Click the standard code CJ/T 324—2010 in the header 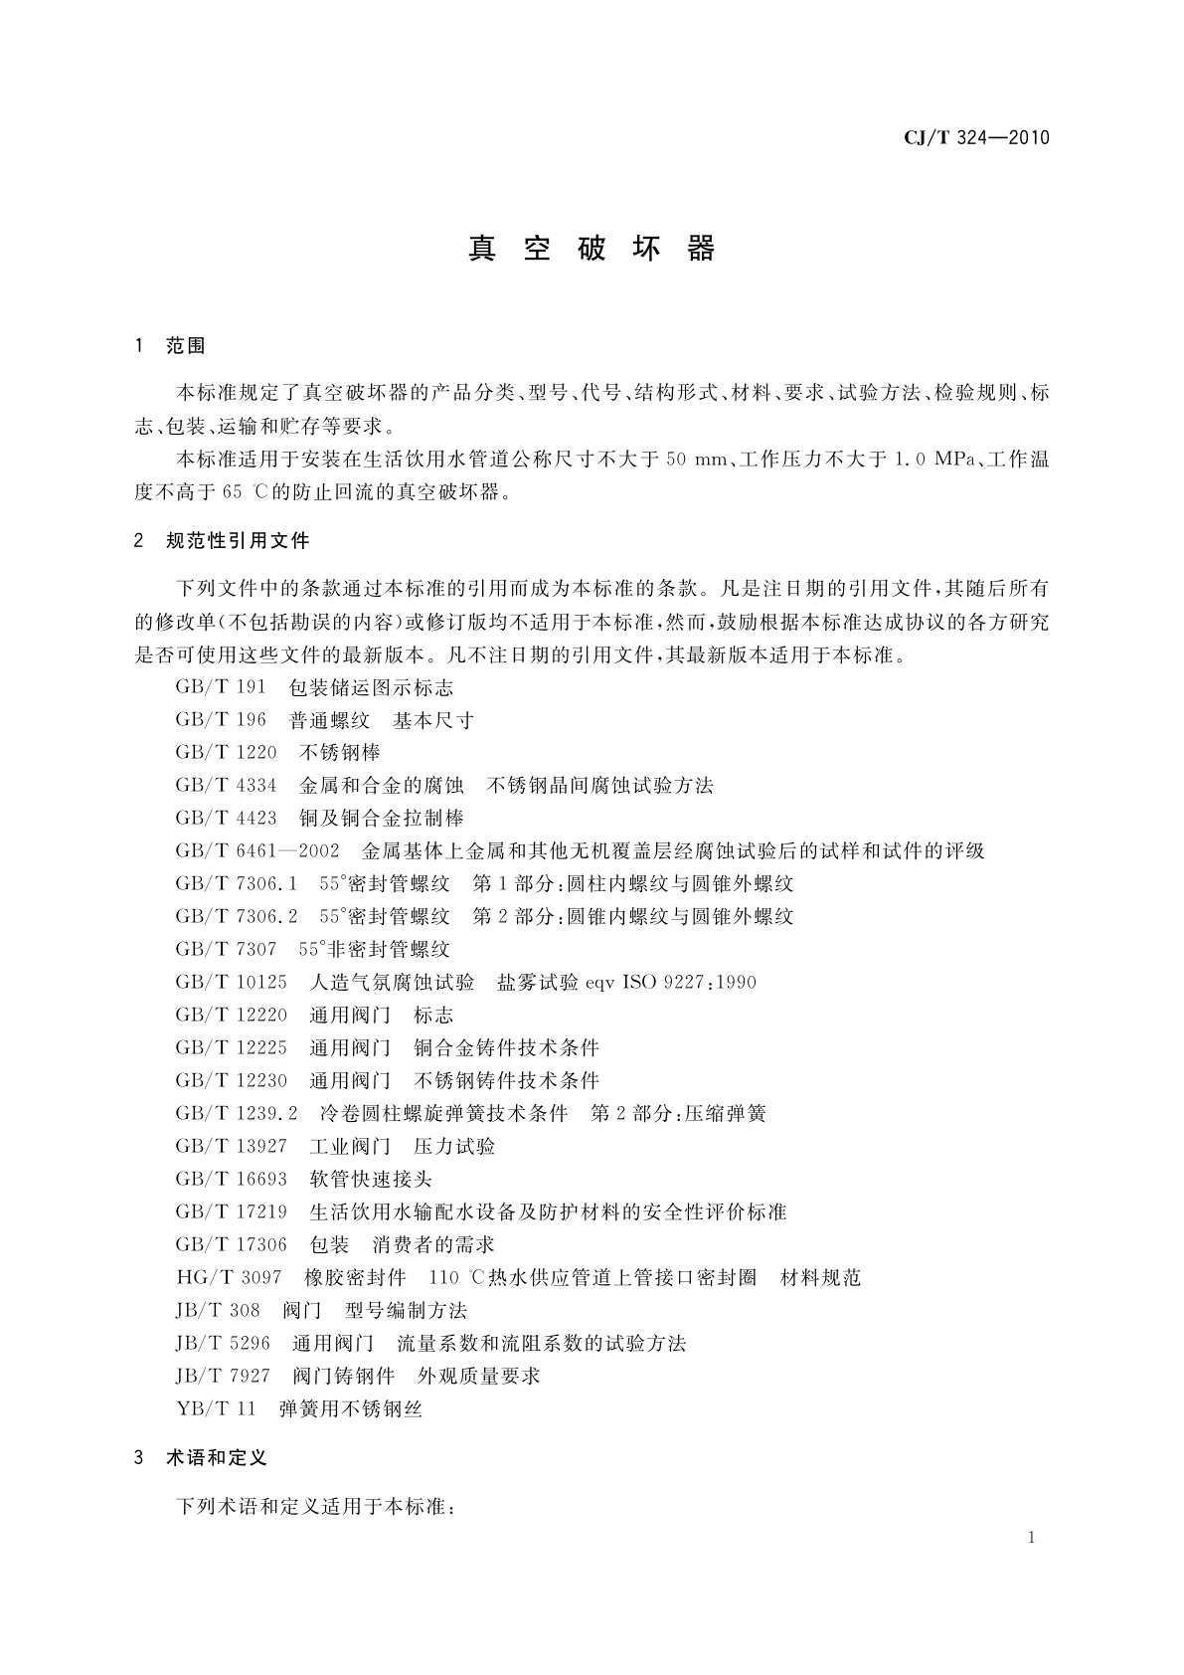point(976,137)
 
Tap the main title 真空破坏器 point(592,249)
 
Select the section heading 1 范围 point(170,346)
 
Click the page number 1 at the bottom point(1032,1538)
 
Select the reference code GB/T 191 point(221,687)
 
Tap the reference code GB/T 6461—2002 point(257,850)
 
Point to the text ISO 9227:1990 point(689,983)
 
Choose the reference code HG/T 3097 point(229,1277)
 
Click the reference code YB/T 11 point(216,1408)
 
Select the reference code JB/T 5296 point(223,1343)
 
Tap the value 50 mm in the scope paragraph point(693,460)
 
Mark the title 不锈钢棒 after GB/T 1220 point(340,752)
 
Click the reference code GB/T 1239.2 point(237,1113)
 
